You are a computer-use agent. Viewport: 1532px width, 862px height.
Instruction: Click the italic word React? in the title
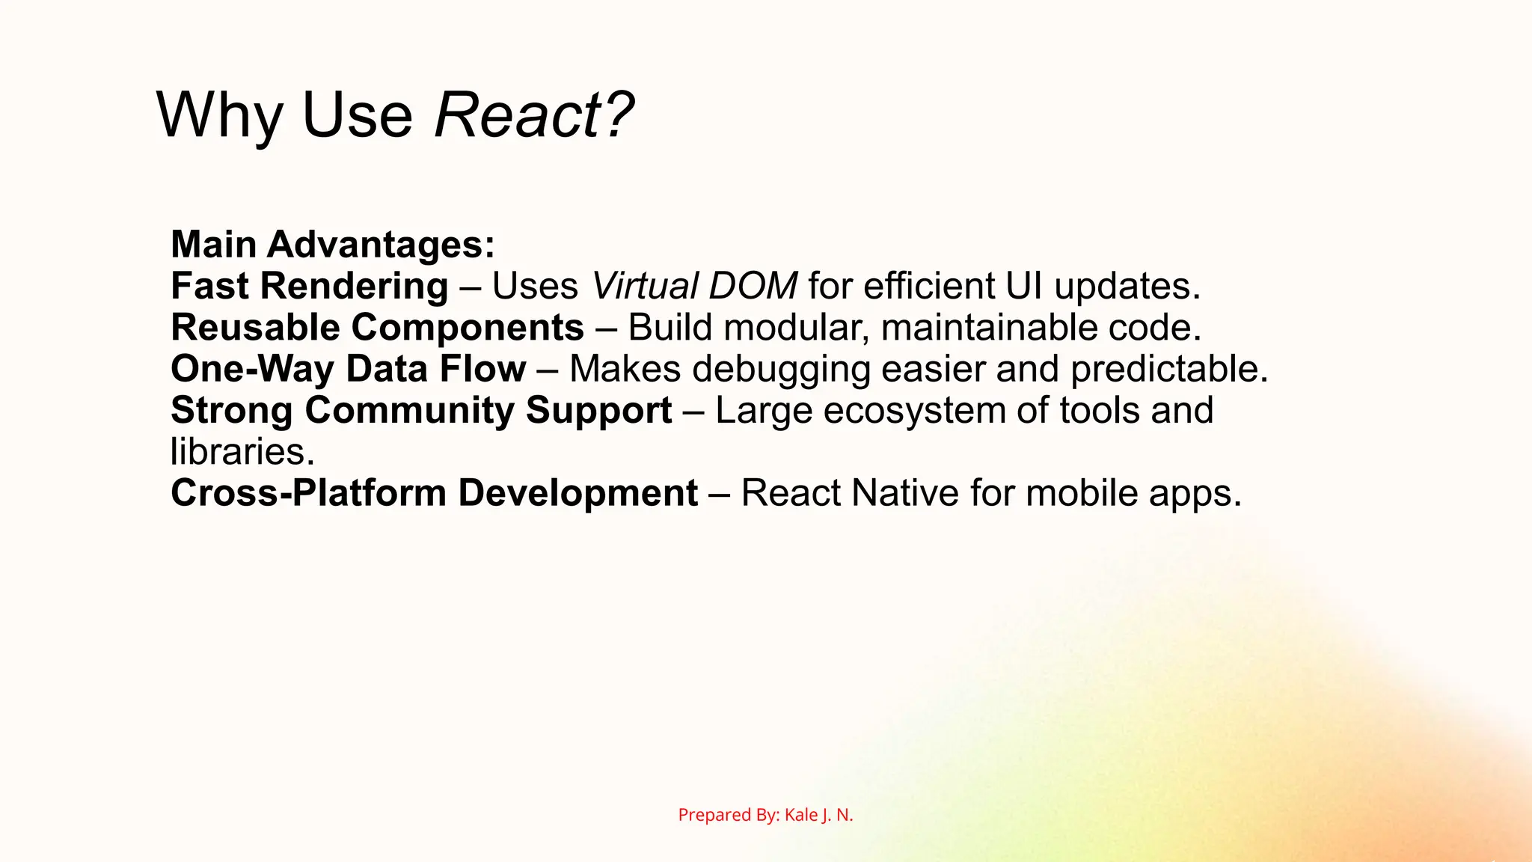pos(533,115)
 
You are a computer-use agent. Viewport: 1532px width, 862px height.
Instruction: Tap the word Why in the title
pos(218,115)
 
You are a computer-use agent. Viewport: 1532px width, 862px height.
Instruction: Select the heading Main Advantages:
pos(333,245)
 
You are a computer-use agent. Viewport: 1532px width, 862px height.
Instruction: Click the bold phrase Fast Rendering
pos(309,287)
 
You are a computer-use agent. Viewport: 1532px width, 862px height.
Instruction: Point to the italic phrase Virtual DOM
pos(694,287)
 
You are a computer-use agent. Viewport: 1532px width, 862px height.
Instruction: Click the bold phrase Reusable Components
pos(377,328)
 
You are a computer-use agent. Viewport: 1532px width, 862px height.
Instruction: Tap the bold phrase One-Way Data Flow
pos(348,369)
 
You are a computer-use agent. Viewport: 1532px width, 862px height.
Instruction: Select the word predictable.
pos(1168,369)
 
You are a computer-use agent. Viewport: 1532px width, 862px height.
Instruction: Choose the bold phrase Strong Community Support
pos(421,411)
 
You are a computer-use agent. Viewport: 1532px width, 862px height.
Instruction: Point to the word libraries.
pos(242,452)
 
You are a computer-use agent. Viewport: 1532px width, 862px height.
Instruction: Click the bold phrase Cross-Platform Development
pos(434,493)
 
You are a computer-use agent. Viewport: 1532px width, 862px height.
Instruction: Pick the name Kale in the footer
pos(801,815)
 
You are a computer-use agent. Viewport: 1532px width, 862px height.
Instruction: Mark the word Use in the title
pos(356,115)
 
